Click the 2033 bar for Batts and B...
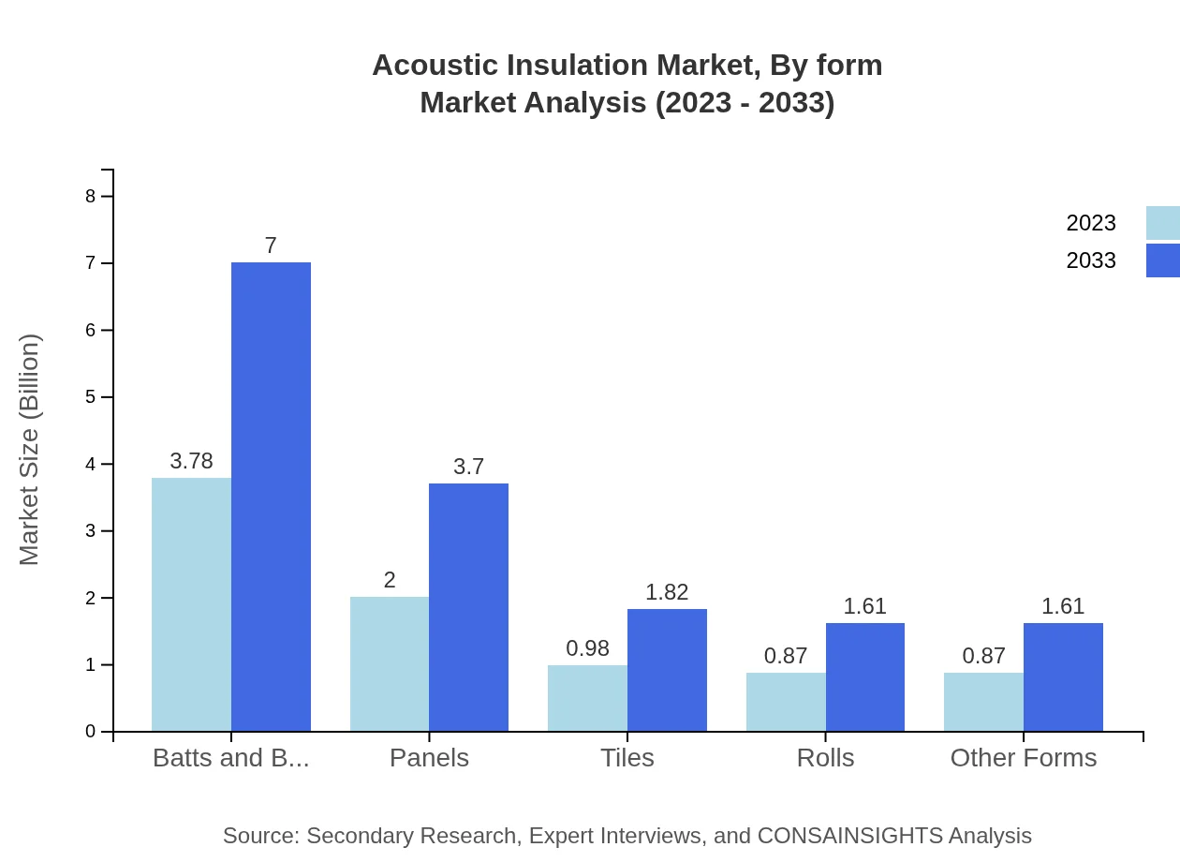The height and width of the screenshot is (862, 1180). (271, 497)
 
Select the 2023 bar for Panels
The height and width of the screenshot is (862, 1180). (390, 663)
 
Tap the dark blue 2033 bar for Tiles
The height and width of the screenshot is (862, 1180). (667, 670)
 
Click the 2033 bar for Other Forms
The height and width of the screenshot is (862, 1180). (1063, 676)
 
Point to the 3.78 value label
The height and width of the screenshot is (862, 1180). (191, 461)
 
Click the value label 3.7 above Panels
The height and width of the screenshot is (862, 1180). (468, 467)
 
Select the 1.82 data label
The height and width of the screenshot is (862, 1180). (667, 592)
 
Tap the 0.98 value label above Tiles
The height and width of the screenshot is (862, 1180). (587, 648)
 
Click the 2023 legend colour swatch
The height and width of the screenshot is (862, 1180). (1162, 223)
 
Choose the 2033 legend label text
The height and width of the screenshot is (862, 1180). (1091, 260)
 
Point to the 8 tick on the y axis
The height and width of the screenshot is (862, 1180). (91, 196)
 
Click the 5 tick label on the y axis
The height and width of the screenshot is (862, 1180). (91, 397)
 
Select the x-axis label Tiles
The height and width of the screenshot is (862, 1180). (627, 757)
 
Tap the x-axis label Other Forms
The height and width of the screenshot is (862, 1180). (1023, 757)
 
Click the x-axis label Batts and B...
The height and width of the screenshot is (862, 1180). (230, 757)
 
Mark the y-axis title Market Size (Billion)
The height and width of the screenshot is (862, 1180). (30, 450)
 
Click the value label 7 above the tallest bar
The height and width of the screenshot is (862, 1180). (271, 245)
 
